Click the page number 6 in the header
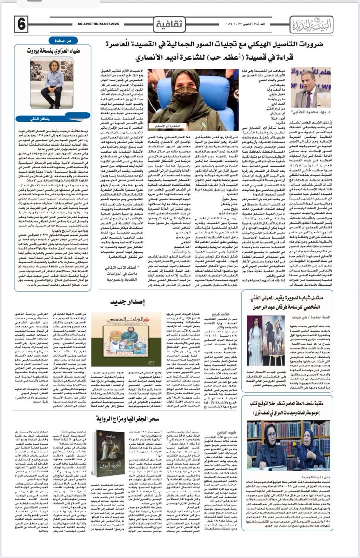(21, 22)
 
